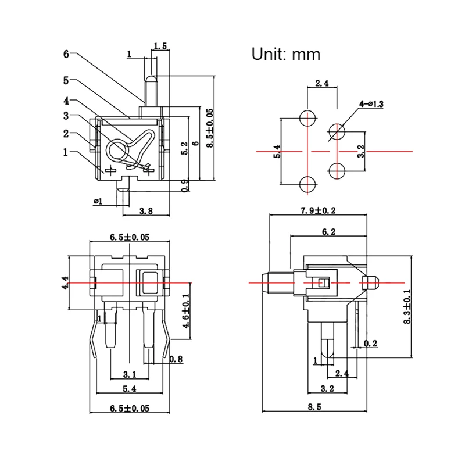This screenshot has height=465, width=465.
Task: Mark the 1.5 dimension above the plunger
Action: click(x=160, y=45)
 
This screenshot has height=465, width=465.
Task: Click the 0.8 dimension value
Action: click(x=176, y=360)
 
